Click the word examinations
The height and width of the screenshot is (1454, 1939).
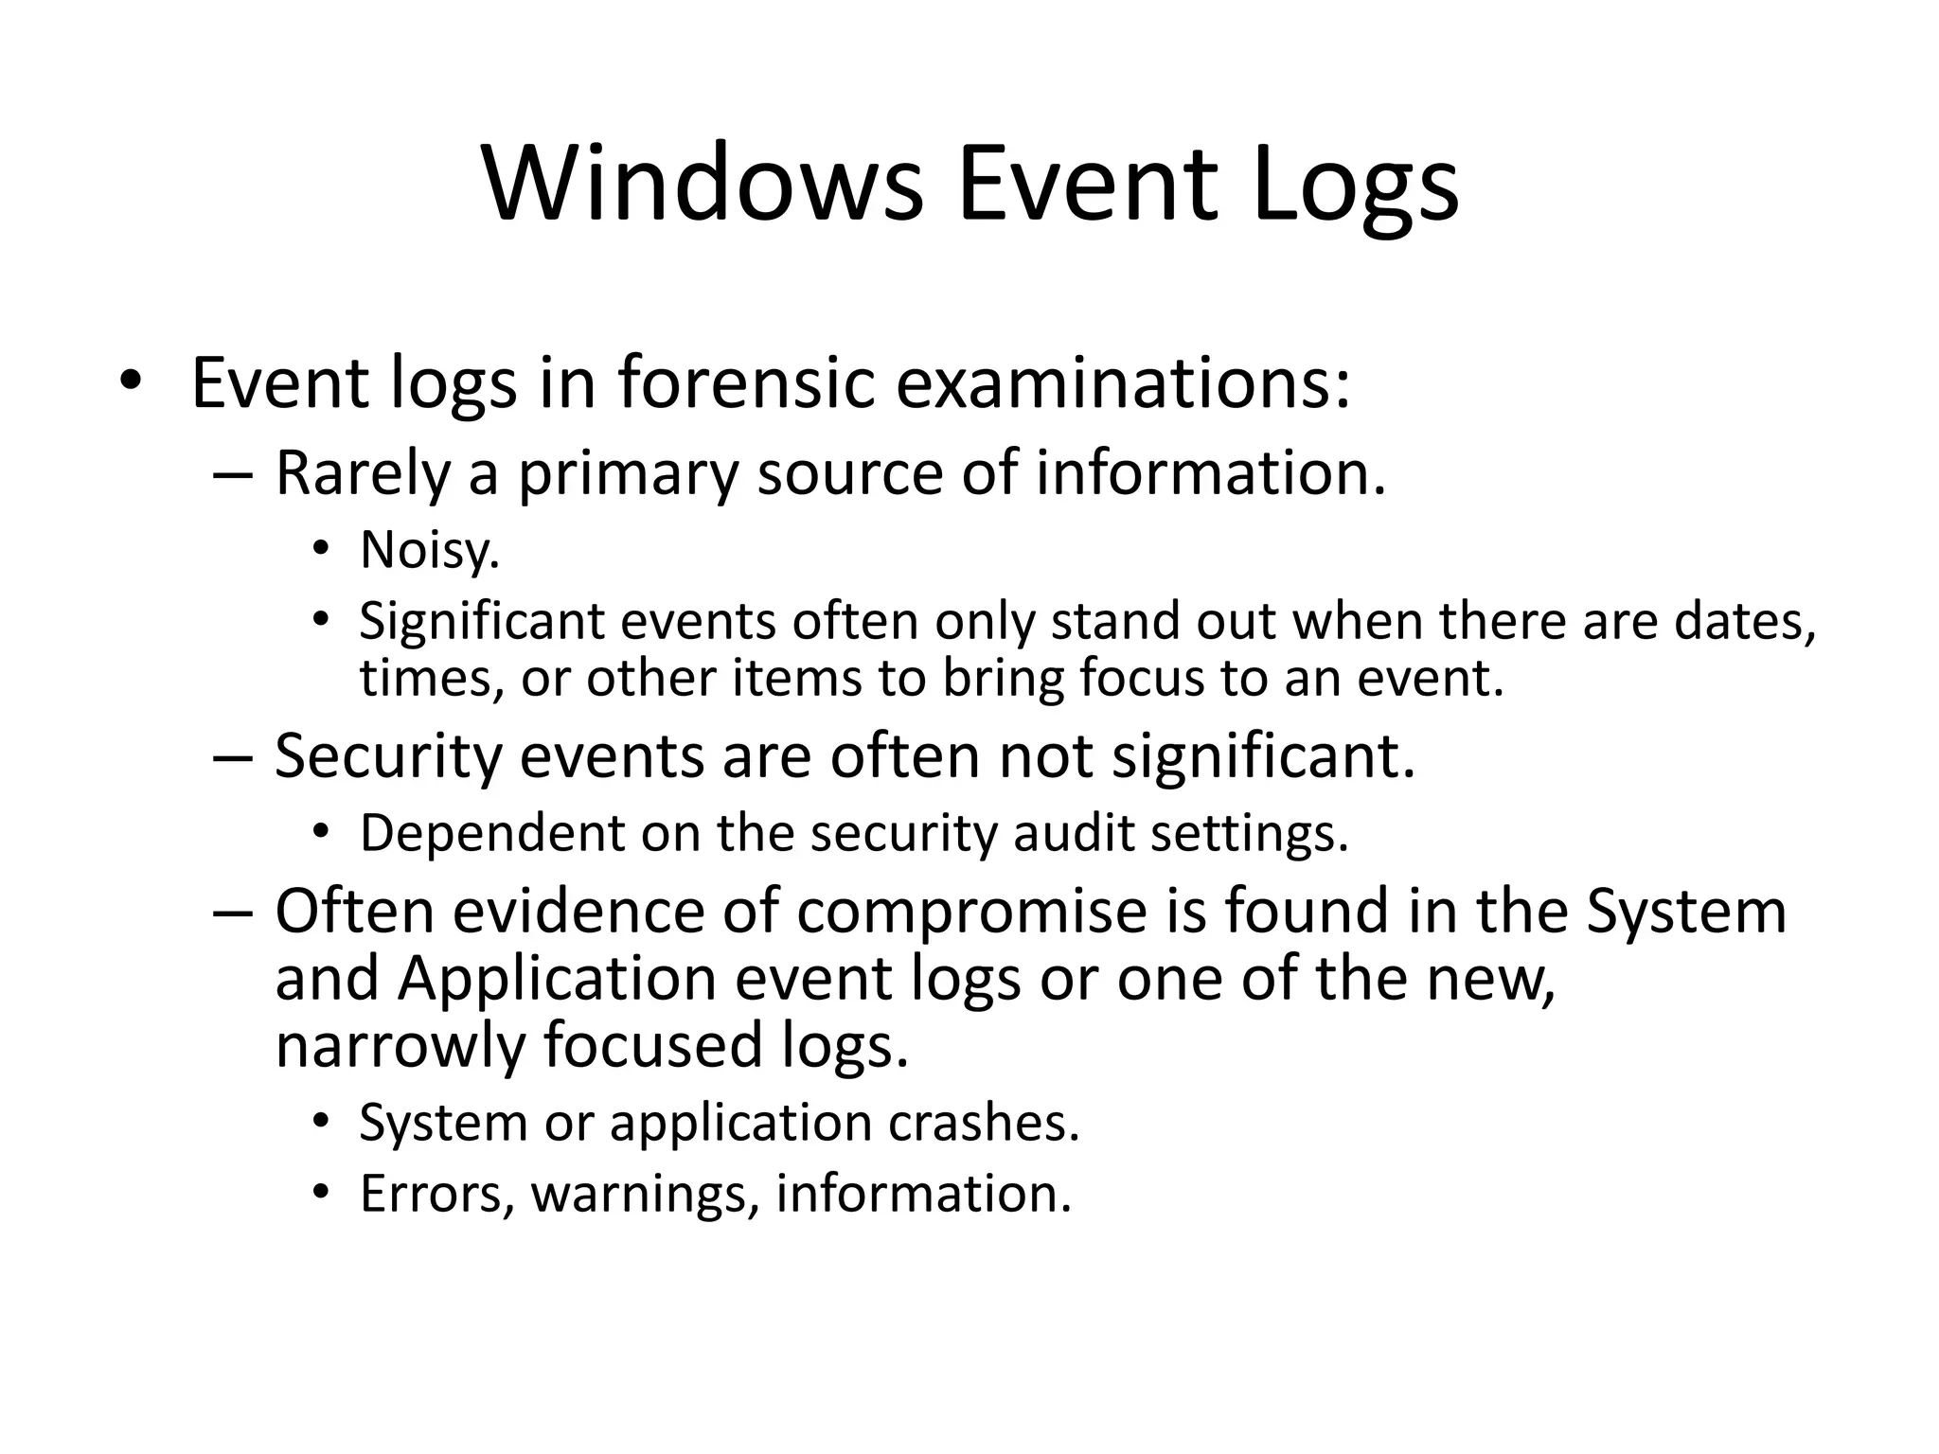click(x=1123, y=383)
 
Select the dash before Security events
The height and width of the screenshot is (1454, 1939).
click(x=232, y=757)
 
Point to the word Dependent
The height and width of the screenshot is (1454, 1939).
click(x=492, y=834)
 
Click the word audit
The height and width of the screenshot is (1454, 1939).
click(x=1073, y=834)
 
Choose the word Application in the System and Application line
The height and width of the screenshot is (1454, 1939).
click(x=557, y=978)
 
